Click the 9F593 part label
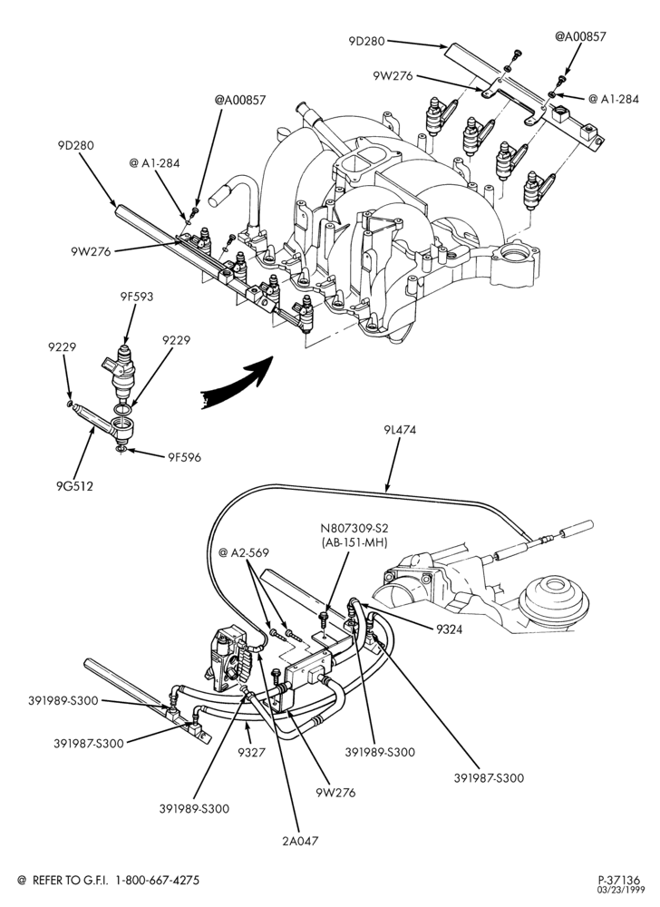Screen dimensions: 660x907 137,297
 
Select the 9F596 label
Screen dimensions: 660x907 184,457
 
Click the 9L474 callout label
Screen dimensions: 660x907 399,430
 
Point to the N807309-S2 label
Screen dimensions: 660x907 354,528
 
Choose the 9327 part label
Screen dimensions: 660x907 251,753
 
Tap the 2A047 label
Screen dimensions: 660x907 300,841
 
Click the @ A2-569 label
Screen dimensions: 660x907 244,553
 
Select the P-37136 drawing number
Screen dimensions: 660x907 619,881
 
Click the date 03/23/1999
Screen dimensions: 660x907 619,890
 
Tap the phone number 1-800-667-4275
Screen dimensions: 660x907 158,881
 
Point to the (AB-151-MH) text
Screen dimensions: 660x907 354,542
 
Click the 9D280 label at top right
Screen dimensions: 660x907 366,41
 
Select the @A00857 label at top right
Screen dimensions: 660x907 580,36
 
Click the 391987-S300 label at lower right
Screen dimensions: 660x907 489,778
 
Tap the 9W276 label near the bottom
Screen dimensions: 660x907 335,793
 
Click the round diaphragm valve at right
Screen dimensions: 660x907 554,597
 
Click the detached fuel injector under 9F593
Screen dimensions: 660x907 122,372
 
